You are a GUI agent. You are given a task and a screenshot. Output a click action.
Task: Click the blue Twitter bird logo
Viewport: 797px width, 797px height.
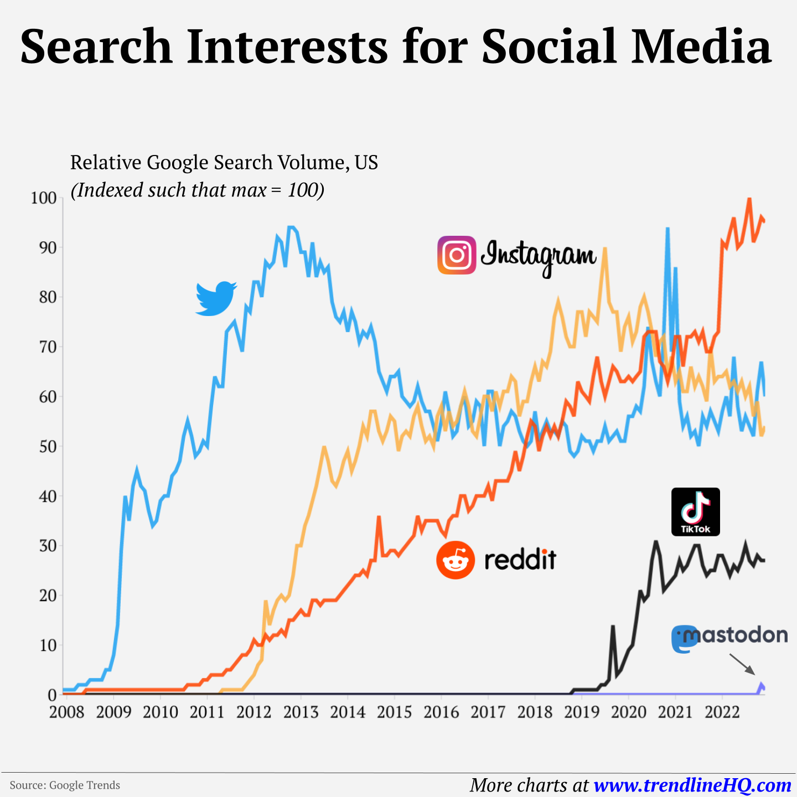click(x=216, y=299)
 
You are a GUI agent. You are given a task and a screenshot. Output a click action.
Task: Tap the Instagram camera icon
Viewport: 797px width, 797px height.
click(x=457, y=255)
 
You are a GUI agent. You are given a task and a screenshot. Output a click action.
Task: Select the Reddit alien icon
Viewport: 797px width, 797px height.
click(x=456, y=560)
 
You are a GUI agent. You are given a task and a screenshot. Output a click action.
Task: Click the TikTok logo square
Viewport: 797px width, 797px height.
click(x=695, y=511)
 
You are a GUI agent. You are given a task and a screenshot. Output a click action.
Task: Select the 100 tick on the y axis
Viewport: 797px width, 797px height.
click(x=44, y=198)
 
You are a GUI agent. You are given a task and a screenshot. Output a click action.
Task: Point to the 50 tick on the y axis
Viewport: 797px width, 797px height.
click(x=48, y=446)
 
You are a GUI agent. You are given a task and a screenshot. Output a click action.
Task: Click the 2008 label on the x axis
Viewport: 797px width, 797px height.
click(x=66, y=712)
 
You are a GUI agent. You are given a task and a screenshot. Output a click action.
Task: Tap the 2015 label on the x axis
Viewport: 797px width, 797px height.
click(x=394, y=712)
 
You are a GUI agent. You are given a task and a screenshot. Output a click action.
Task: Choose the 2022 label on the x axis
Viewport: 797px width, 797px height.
click(x=722, y=712)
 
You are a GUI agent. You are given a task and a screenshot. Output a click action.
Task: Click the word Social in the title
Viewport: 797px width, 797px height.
click(x=548, y=46)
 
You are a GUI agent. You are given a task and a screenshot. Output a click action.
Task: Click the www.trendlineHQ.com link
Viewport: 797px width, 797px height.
click(x=692, y=785)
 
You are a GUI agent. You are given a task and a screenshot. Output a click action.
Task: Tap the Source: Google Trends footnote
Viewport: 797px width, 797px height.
click(x=65, y=785)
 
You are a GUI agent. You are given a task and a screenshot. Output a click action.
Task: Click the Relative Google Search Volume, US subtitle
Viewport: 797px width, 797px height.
click(x=224, y=163)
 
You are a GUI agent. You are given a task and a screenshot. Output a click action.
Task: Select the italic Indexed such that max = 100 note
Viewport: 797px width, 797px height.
click(x=198, y=190)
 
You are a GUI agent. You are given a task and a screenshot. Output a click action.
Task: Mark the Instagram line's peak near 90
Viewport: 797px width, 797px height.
click(x=604, y=249)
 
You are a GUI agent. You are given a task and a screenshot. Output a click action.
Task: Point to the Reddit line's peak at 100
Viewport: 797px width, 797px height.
click(x=749, y=199)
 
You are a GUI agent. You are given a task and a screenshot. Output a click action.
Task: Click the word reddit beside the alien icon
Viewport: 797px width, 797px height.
click(x=520, y=560)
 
